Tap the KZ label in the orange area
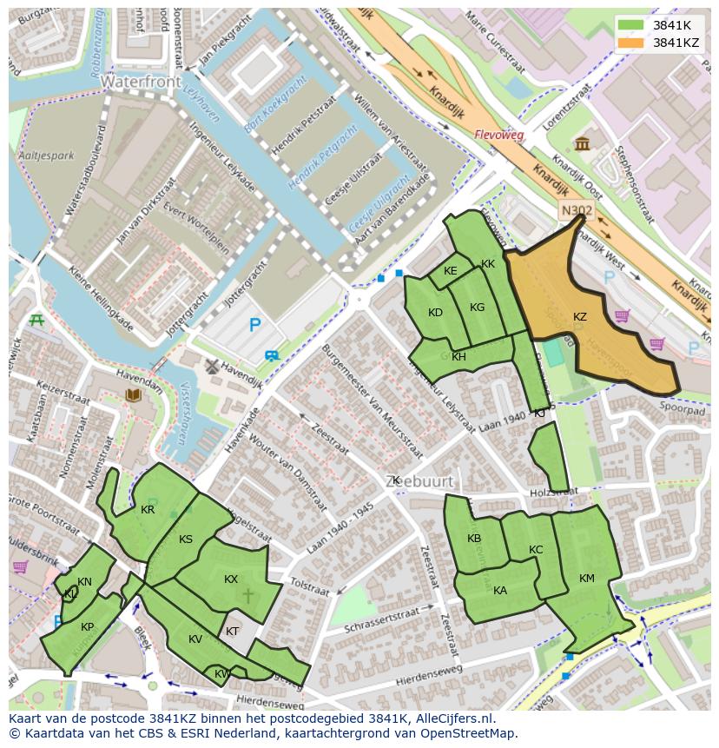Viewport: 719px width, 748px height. click(580, 317)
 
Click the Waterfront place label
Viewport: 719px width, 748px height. click(141, 82)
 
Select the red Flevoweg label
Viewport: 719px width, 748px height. click(499, 135)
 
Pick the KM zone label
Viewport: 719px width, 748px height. click(587, 579)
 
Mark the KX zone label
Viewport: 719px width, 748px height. click(231, 579)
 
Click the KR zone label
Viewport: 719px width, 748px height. click(148, 510)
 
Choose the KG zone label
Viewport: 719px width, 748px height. click(477, 308)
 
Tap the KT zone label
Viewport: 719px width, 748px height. click(232, 632)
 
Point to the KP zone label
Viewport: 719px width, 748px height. click(88, 627)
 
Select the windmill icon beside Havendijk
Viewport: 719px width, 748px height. click(209, 367)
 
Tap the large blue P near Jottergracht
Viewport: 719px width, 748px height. click(254, 326)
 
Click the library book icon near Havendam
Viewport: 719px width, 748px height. click(133, 396)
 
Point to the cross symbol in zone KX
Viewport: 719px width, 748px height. click(247, 596)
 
